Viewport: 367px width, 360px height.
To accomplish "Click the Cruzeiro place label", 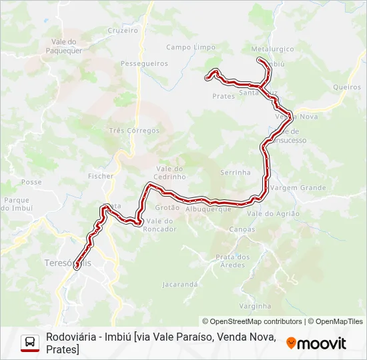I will pos(123,31).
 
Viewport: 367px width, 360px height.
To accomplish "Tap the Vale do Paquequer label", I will pos(65,45).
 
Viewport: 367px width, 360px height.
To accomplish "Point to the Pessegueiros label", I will pos(144,63).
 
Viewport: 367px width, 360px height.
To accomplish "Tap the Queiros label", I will pos(346,87).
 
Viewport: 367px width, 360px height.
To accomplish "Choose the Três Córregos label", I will pos(135,131).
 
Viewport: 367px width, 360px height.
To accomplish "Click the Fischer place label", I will pos(101,176).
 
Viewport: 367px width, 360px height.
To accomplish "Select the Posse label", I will pos(31,182).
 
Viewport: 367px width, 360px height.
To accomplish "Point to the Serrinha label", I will pos(235,172).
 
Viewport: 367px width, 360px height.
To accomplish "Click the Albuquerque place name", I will pos(208,209).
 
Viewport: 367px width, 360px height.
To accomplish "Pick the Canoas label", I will pos(242,229).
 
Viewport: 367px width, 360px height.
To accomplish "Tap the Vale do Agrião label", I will pos(273,213).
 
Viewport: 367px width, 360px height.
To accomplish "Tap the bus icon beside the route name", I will pos(30,343).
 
